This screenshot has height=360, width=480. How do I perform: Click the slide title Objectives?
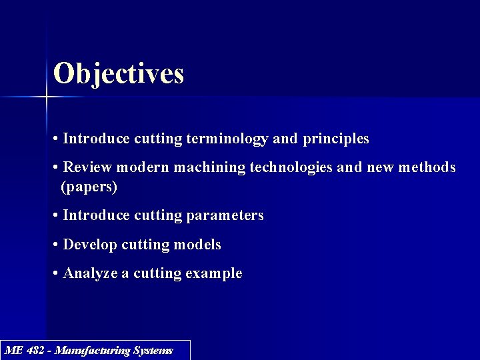click(x=118, y=73)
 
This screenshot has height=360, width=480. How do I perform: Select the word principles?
click(x=335, y=139)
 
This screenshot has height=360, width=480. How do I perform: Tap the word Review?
click(x=87, y=167)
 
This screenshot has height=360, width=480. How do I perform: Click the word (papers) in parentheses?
click(x=89, y=187)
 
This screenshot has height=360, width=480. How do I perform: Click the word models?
click(x=197, y=245)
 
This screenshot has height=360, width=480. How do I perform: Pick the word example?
click(x=213, y=273)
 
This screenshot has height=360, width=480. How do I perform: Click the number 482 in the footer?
click(x=37, y=350)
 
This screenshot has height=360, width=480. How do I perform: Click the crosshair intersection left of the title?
click(x=47, y=97)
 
